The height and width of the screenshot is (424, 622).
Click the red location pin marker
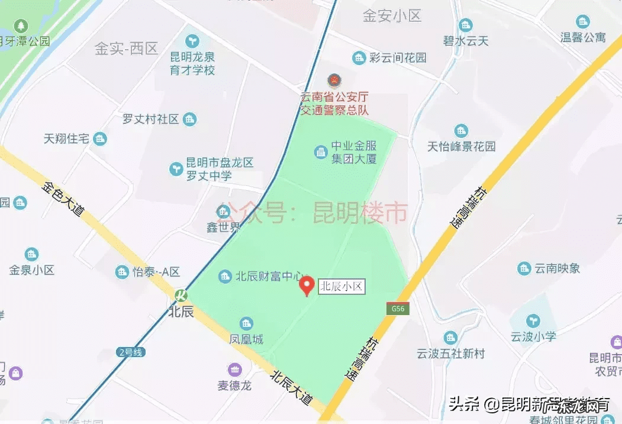pyautogui.click(x=307, y=285)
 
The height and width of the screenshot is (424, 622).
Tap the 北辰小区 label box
pyautogui.click(x=341, y=287)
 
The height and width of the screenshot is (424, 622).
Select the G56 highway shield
pyautogui.click(x=397, y=309)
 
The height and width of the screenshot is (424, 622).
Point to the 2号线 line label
pyautogui.click(x=131, y=352)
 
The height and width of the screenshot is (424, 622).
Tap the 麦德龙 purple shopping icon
pyautogui.click(x=235, y=369)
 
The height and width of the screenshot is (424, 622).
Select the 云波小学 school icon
pyautogui.click(x=534, y=320)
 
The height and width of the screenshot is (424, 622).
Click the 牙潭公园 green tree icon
pyautogui.click(x=22, y=25)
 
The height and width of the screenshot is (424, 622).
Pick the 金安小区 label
pyautogui.click(x=392, y=16)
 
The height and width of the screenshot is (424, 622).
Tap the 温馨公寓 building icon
pyautogui.click(x=583, y=22)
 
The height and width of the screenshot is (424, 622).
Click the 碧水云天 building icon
pyautogui.click(x=466, y=25)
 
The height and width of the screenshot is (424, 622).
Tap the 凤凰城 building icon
pyautogui.click(x=246, y=323)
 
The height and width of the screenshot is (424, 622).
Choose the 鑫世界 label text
pyautogui.click(x=223, y=227)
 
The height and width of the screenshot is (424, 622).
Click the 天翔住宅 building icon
pyautogui.click(x=101, y=139)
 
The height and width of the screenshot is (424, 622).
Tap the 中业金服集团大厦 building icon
pyautogui.click(x=321, y=152)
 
